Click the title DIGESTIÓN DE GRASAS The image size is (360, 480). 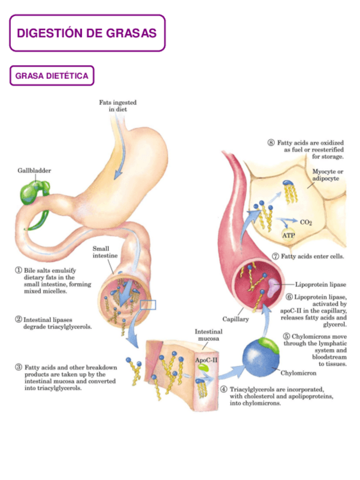pyautogui.click(x=87, y=33)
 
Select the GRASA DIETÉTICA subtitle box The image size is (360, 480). pyautogui.click(x=52, y=76)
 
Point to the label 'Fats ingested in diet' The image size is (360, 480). pyautogui.click(x=118, y=106)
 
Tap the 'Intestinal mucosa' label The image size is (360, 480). pyautogui.click(x=208, y=335)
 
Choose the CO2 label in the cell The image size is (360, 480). pyautogui.click(x=306, y=222)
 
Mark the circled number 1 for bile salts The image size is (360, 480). pyautogui.click(x=19, y=271)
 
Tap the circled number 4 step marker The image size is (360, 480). pyautogui.click(x=224, y=389)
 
